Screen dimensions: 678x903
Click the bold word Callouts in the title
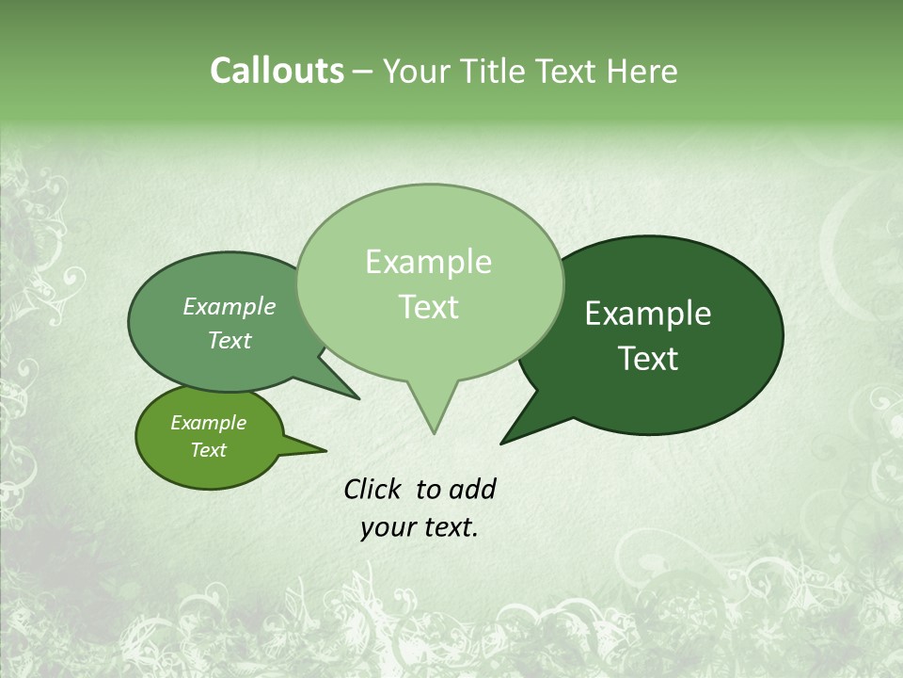click(x=277, y=71)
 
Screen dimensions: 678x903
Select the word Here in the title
click(x=642, y=71)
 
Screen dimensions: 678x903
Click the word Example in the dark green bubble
click(x=648, y=314)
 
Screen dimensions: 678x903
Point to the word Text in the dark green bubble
click(x=648, y=359)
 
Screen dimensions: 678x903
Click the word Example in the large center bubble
click(x=428, y=262)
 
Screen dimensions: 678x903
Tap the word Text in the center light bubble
click(x=428, y=307)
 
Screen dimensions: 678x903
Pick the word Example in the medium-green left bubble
click(x=229, y=306)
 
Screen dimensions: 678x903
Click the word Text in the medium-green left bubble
click(x=229, y=340)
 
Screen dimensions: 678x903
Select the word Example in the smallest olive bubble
click(x=208, y=423)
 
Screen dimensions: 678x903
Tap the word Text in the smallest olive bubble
click(x=208, y=450)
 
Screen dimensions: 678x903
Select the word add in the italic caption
click(x=472, y=489)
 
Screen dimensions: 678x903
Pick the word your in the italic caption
click(x=386, y=527)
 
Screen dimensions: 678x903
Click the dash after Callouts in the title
click(x=364, y=72)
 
